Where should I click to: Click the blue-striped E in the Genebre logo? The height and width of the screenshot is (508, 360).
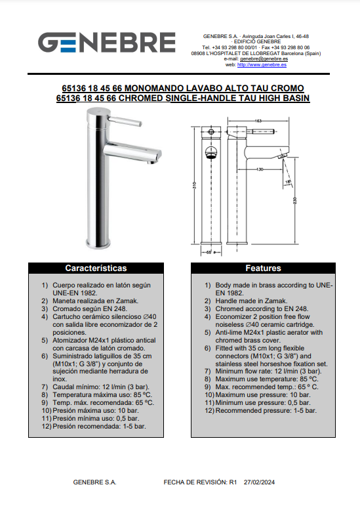click(68, 43)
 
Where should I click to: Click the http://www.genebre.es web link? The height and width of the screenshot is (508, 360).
click(262, 65)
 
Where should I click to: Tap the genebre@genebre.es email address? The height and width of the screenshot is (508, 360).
click(264, 59)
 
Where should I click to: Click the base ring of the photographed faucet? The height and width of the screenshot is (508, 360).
click(98, 243)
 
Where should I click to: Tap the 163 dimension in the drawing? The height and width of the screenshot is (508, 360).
click(258, 121)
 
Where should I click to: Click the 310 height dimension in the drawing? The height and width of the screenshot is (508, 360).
click(194, 185)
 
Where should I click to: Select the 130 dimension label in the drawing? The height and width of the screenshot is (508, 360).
click(260, 169)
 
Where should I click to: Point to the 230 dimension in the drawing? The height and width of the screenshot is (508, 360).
click(294, 201)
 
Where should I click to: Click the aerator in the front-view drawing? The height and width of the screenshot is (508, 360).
click(211, 153)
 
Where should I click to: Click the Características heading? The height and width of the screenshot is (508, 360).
click(96, 268)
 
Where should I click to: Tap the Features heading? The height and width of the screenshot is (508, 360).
click(263, 268)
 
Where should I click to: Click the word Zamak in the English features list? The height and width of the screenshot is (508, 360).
click(277, 301)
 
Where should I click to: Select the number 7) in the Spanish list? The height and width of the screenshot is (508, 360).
click(45, 387)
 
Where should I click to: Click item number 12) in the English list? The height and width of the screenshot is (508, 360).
click(209, 410)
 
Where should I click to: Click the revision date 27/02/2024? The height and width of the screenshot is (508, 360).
click(259, 482)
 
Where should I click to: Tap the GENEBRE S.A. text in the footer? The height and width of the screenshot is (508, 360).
click(94, 482)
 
